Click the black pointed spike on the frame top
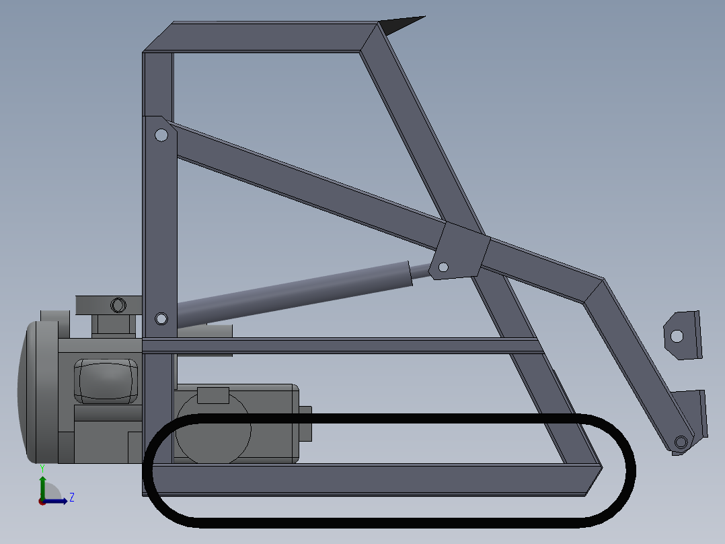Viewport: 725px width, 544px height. point(401,25)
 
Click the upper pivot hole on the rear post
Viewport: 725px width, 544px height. point(161,135)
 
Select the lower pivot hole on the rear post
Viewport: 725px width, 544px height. point(161,318)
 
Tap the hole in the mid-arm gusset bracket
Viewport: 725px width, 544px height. point(443,267)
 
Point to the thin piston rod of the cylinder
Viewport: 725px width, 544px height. point(421,271)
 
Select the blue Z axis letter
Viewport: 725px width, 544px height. point(71,498)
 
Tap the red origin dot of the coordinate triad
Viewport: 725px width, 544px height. point(42,501)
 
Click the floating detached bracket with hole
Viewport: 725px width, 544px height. point(682,335)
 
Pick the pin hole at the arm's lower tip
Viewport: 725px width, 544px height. point(681,442)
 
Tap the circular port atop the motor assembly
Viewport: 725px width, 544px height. point(118,304)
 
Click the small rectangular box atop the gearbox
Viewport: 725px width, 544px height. point(213,395)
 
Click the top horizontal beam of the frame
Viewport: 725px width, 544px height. point(269,37)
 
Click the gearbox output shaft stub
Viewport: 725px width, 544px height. point(305,424)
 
